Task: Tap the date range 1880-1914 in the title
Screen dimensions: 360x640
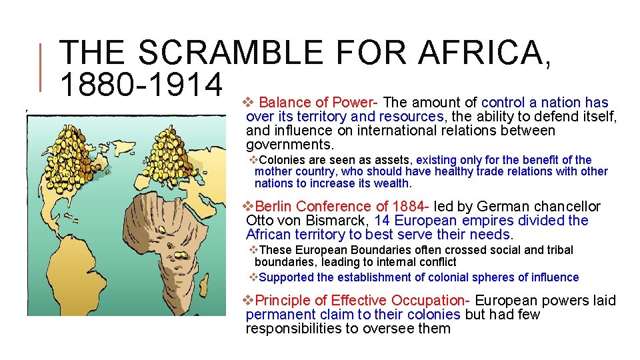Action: (x=140, y=85)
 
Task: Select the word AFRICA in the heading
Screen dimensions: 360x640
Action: (x=483, y=53)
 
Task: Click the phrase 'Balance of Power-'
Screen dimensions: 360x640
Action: (x=319, y=103)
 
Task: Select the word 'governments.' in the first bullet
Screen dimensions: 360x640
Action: (x=290, y=145)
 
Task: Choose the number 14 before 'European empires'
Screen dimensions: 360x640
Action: (x=383, y=221)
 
